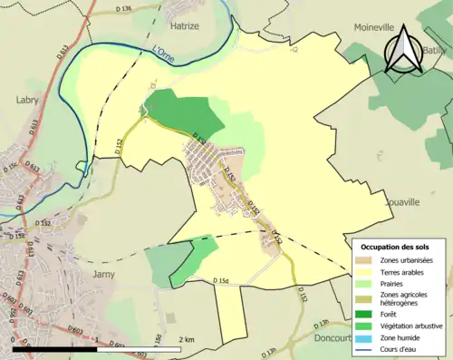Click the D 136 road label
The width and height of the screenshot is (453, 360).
[x=124, y=9]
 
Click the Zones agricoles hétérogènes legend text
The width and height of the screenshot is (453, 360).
[x=404, y=298]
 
